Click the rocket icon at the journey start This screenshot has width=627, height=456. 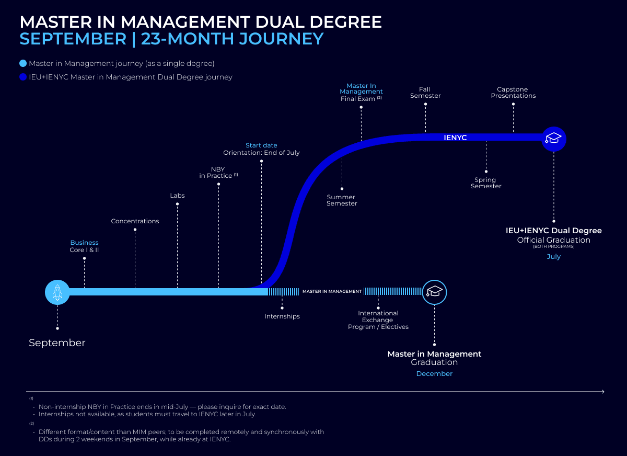57,292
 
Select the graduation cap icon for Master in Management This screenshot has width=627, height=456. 434,292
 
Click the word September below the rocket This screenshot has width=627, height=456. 57,343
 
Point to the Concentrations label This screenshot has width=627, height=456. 135,221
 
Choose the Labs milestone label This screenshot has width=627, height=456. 177,196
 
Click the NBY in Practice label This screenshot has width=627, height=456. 218,173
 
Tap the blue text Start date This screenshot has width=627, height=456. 261,145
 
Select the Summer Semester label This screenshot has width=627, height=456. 342,200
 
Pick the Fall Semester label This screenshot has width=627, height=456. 425,93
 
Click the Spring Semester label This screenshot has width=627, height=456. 486,183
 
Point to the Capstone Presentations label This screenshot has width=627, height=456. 513,93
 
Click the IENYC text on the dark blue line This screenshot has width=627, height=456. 455,138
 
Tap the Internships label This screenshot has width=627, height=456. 282,316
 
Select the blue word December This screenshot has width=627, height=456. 434,374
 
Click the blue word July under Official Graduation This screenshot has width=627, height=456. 554,257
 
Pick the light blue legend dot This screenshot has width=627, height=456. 23,63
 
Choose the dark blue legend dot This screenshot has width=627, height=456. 23,77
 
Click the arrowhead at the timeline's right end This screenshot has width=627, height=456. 603,392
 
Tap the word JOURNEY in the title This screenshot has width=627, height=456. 281,39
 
